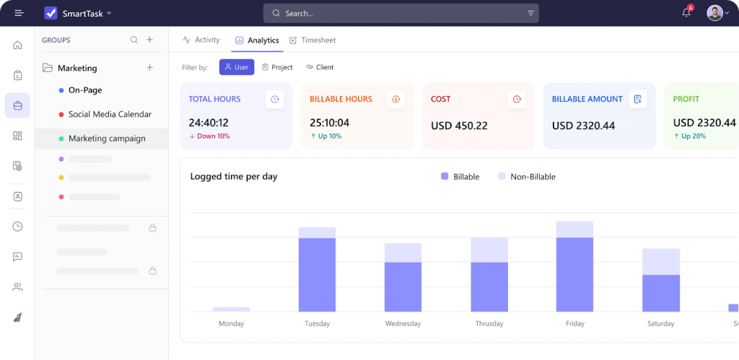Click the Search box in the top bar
coord(401,13)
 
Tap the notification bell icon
coord(686,13)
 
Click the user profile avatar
coord(714,13)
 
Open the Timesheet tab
coord(312,40)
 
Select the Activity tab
coord(201,40)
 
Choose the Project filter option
coord(277,67)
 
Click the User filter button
coord(237,67)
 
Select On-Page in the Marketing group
coord(85,90)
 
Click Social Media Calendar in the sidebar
coord(110,115)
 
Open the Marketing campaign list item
coord(107,139)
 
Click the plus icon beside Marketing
coord(150,68)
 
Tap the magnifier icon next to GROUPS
coord(134,40)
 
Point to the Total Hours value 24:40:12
coord(209,123)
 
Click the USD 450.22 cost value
coord(459,126)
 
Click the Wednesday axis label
coord(403,324)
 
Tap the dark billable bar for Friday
coord(574,274)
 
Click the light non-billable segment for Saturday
coord(661,261)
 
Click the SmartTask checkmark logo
coord(51,13)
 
